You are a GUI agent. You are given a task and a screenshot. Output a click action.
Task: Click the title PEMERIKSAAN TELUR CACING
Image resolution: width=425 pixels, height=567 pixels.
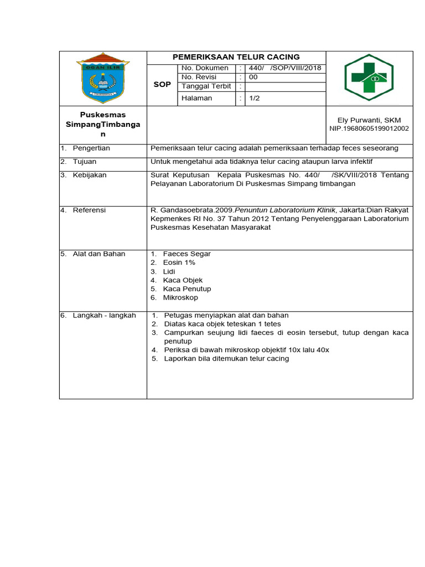236,57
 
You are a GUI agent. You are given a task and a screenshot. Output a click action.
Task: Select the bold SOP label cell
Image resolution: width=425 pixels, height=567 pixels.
162,84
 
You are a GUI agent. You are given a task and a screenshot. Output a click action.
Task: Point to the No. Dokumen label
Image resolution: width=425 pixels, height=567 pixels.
205,68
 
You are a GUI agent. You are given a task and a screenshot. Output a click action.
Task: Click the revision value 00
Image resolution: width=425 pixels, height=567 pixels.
253,78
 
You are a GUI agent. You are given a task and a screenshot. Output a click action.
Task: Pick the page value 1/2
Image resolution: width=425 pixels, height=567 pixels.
255,98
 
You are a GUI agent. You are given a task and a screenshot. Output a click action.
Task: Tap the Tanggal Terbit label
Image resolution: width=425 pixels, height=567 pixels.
206,87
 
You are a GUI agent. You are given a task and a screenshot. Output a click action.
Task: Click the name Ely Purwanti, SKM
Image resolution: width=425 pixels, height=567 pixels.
369,120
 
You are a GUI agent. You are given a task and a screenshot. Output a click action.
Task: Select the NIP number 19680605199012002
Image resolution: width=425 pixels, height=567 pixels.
369,128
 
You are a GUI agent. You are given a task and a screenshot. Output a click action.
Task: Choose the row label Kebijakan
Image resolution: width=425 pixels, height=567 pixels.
90,175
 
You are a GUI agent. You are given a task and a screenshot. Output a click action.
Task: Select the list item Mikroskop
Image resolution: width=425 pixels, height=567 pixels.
180,298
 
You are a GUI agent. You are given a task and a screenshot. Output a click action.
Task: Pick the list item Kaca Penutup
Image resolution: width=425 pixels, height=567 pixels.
186,289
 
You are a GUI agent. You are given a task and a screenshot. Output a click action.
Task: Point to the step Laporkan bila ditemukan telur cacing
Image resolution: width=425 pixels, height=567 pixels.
226,359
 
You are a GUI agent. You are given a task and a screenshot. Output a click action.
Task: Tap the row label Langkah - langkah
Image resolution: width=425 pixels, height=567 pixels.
104,316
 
